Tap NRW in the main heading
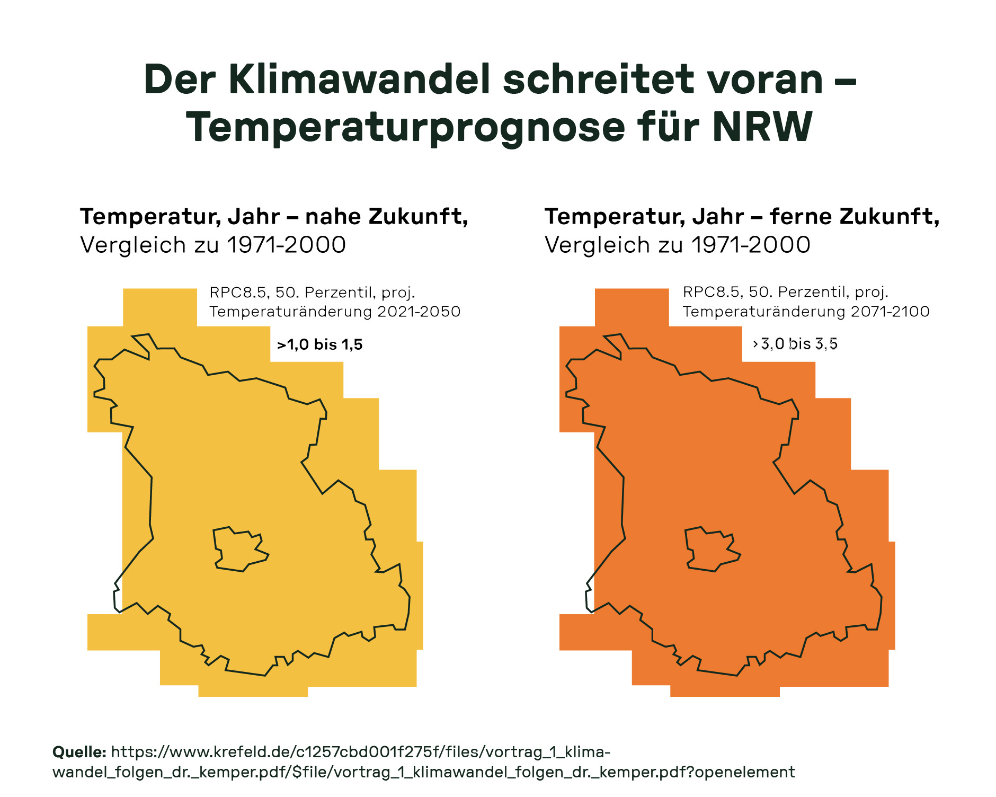pyautogui.click(x=762, y=127)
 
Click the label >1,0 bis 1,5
pyautogui.click(x=320, y=344)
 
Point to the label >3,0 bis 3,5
pyautogui.click(x=795, y=344)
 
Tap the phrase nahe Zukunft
pyautogui.click(x=386, y=216)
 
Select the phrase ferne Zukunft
pyautogui.click(x=854, y=216)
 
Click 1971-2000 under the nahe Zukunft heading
pyautogui.click(x=286, y=245)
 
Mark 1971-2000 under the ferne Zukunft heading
pyautogui.click(x=751, y=245)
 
